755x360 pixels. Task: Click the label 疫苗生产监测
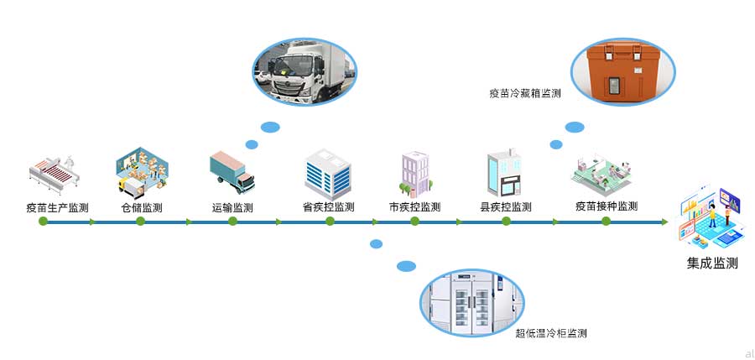(57, 207)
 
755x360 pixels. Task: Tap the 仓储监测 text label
(142, 207)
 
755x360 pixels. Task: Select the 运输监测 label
(232, 207)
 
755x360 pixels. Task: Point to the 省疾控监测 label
(328, 207)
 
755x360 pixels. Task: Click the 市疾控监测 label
(414, 207)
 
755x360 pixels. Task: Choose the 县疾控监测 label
(505, 207)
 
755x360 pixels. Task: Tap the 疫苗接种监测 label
(607, 206)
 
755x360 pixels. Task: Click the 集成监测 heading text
(712, 263)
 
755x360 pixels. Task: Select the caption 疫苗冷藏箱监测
(525, 94)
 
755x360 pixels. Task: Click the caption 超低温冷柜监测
(550, 333)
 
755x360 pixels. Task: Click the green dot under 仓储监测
(140, 222)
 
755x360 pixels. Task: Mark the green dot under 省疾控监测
(330, 222)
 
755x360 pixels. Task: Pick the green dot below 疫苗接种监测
(607, 222)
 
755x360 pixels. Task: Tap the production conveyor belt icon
(54, 172)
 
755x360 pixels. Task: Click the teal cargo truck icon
(232, 170)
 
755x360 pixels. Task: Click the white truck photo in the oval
(305, 69)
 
